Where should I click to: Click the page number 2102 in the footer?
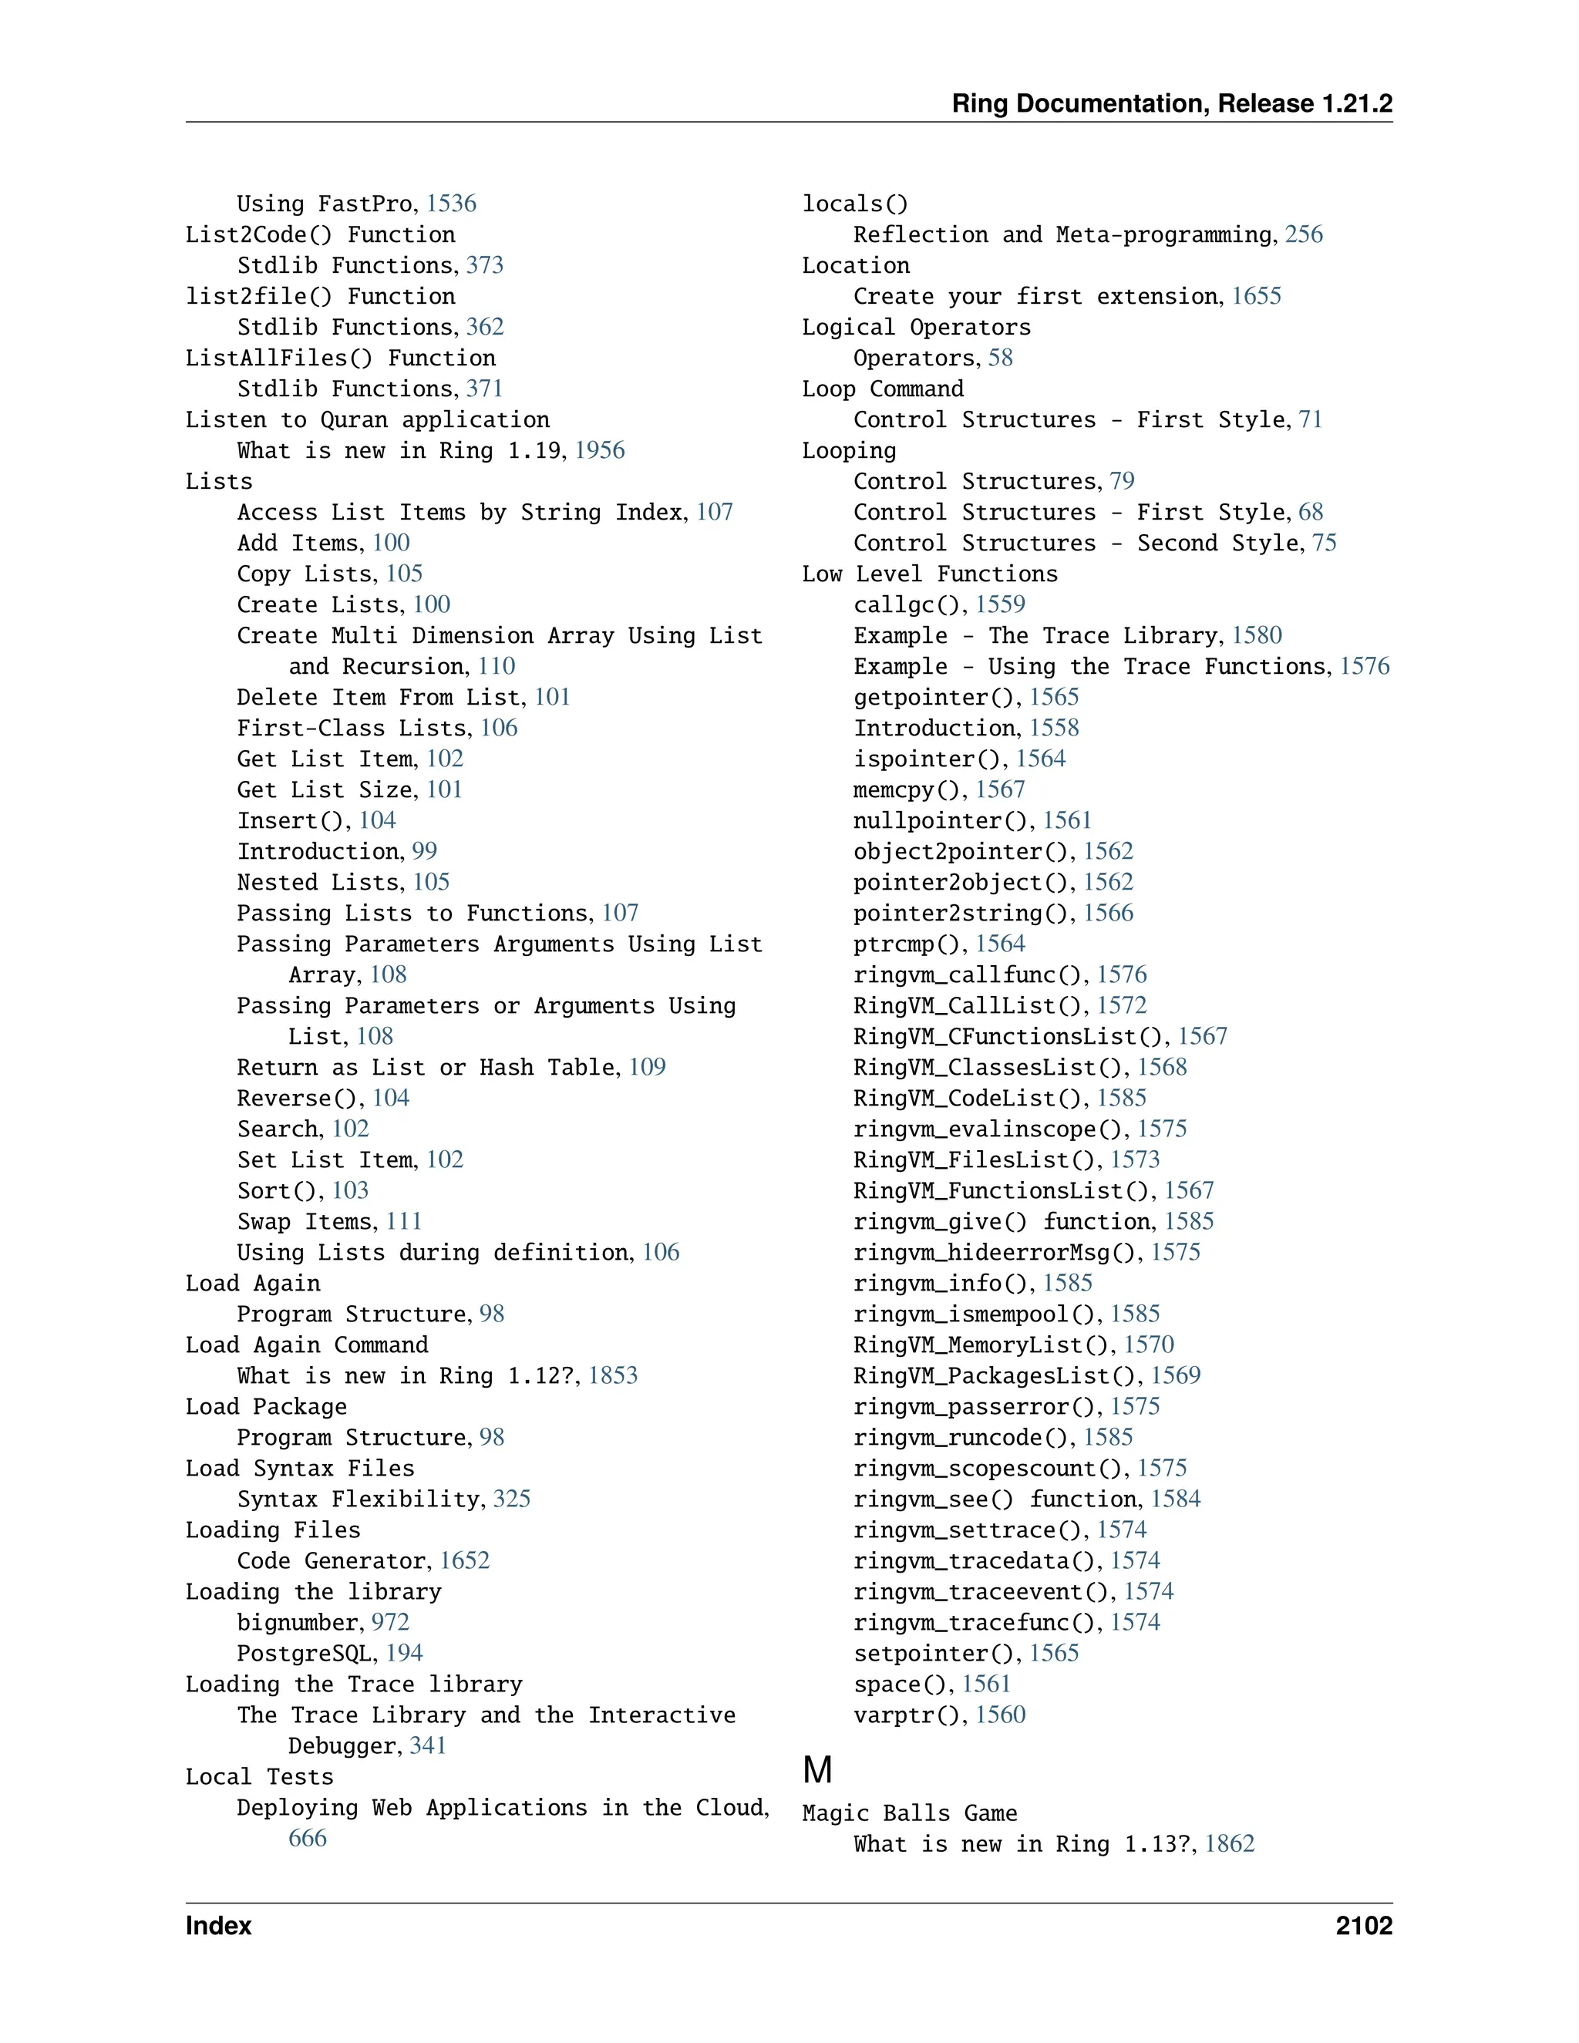1363,1926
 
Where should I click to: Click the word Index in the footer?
218,1926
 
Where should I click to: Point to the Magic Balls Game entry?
908,1813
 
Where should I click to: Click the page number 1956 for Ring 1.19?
600,450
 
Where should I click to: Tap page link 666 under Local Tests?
307,1837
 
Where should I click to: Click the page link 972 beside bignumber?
390,1622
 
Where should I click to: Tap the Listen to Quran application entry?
367,419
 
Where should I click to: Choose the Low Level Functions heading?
929,574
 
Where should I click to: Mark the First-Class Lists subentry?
355,728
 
